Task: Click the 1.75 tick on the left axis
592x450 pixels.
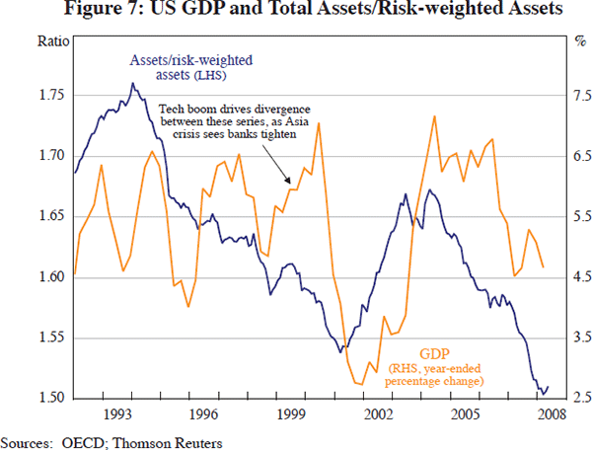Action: [52, 95]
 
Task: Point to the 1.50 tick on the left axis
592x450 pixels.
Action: [52, 399]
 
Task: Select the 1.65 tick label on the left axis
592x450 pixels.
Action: [52, 216]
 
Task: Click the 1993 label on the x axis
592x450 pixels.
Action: [118, 413]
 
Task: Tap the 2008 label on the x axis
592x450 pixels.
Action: [549, 413]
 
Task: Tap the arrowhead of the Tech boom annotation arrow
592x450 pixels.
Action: [286, 183]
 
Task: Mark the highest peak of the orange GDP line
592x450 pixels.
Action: [435, 115]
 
